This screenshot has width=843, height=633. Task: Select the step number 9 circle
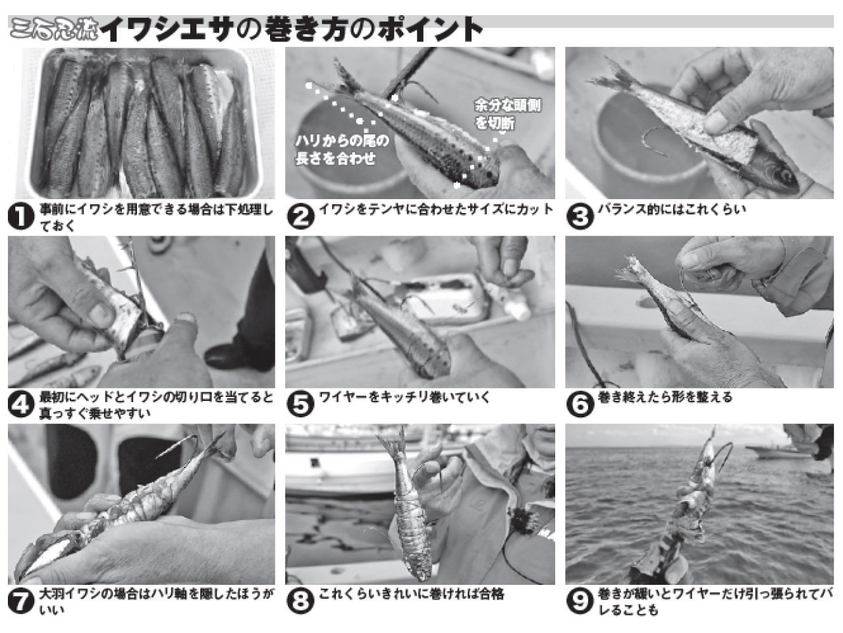tap(580, 601)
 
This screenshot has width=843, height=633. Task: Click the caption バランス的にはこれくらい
tap(672, 210)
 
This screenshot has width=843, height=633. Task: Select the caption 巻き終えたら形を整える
tap(665, 398)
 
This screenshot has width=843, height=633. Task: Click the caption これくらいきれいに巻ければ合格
tap(412, 594)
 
